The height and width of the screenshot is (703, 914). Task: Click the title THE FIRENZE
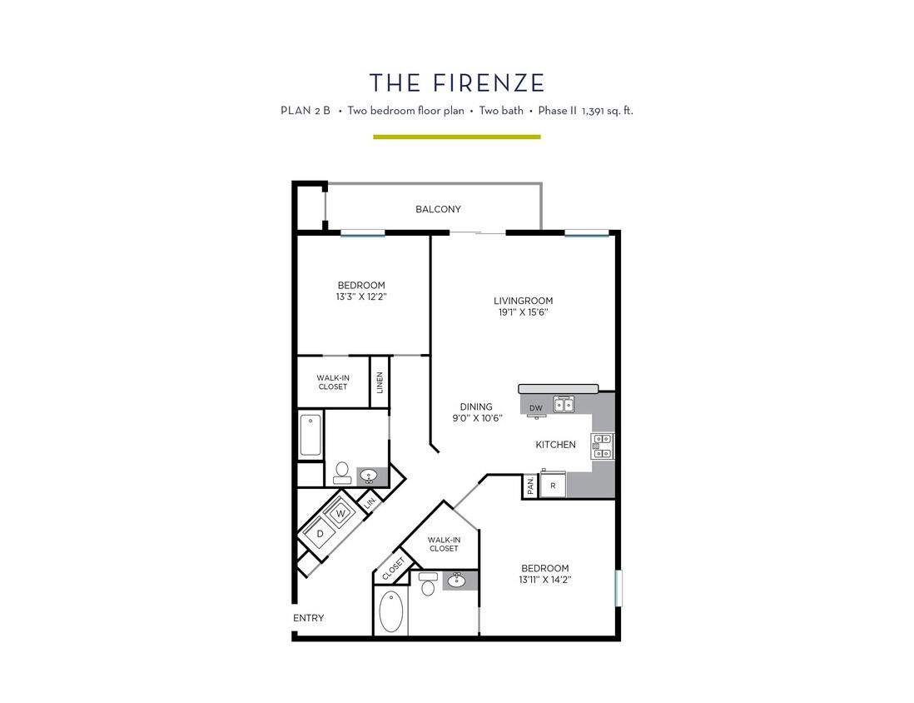click(x=457, y=82)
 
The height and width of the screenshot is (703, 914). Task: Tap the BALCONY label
click(x=438, y=209)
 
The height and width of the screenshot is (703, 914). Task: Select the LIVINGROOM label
click(x=523, y=301)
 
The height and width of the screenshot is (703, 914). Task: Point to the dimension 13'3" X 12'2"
click(x=360, y=296)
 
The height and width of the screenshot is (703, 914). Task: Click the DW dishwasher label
click(x=536, y=407)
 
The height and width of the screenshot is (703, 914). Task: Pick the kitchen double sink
click(x=564, y=405)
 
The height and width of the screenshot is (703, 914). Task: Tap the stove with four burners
click(x=602, y=446)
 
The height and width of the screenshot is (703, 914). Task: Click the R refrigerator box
click(x=552, y=485)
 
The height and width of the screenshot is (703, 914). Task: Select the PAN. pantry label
click(x=530, y=486)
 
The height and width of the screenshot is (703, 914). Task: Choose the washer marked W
click(x=341, y=513)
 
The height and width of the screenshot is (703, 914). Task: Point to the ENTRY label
click(x=308, y=618)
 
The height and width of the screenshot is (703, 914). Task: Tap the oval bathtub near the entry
click(x=391, y=612)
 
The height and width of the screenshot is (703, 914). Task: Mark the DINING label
click(x=476, y=406)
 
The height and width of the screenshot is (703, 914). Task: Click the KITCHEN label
click(x=555, y=445)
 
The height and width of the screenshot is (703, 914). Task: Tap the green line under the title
click(x=456, y=137)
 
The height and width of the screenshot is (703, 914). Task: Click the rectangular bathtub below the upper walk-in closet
click(x=310, y=434)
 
